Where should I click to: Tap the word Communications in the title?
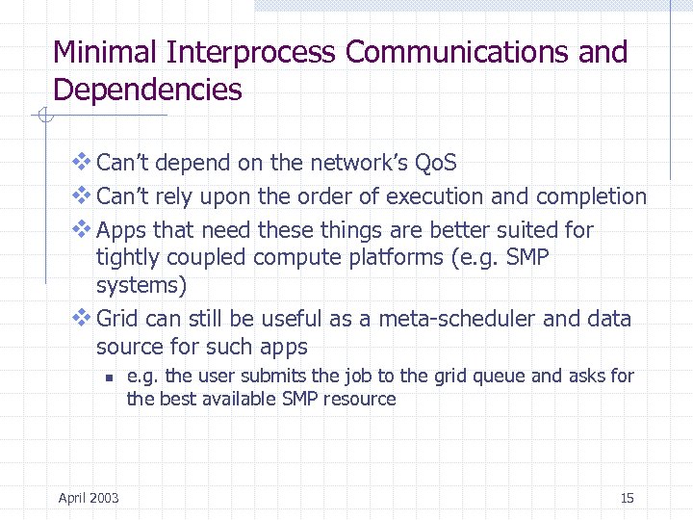pyautogui.click(x=459, y=52)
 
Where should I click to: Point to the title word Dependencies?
pyautogui.click(x=147, y=90)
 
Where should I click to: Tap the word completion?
pyautogui.click(x=591, y=196)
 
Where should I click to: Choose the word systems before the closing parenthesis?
pyautogui.click(x=138, y=286)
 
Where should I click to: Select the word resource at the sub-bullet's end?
pyautogui.click(x=361, y=399)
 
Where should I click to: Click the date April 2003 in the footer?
pyautogui.click(x=89, y=497)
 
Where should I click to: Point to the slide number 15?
pyautogui.click(x=627, y=497)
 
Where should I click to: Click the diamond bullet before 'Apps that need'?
pyautogui.click(x=82, y=229)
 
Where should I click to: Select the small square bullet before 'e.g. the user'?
pyautogui.click(x=111, y=377)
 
